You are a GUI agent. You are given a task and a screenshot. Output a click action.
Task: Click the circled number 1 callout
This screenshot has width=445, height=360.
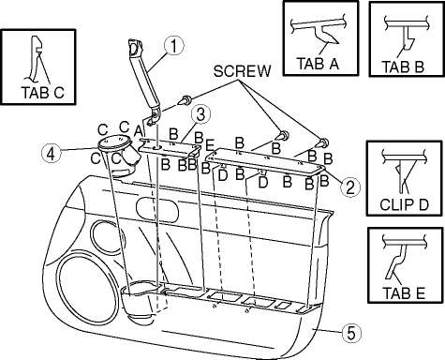pos(174,46)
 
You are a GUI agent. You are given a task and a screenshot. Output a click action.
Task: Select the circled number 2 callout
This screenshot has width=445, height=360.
pos(350,187)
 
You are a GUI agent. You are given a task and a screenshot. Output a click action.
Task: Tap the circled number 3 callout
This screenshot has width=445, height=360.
pos(200,114)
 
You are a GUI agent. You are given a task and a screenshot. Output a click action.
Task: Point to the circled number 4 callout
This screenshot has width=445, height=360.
pos(52,154)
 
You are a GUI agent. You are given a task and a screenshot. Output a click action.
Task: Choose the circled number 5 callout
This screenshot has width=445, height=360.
pos(351,333)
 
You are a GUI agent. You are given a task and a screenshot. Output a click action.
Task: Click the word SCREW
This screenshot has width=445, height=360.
pos(243,71)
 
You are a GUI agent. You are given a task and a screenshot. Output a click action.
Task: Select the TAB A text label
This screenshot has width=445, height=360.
pos(319,64)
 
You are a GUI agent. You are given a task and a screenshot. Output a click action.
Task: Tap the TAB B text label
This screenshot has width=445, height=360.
pos(403,67)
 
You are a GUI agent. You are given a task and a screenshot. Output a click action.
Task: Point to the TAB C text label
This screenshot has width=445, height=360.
pos(43,93)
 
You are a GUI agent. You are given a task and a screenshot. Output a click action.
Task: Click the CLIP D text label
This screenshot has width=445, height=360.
pos(404,204)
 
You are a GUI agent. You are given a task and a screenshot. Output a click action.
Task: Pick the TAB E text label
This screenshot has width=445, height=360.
pos(404,293)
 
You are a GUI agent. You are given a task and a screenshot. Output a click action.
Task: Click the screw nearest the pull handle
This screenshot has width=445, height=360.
pos(185,100)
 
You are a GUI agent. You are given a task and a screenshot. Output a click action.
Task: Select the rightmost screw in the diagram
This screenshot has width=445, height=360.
pos(322,143)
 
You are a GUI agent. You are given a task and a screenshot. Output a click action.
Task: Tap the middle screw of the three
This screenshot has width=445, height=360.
pos(283,136)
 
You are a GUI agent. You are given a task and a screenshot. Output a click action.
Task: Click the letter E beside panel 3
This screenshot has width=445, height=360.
pos(210,145)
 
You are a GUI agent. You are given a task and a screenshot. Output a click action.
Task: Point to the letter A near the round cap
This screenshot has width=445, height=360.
pos(139,130)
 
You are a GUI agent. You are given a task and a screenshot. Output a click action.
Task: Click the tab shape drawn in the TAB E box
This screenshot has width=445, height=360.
pos(397,262)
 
